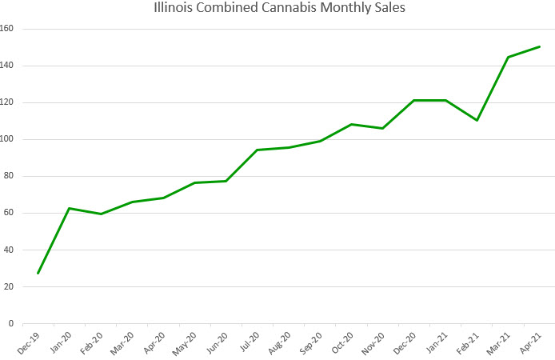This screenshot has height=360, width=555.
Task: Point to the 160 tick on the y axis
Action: tap(10, 29)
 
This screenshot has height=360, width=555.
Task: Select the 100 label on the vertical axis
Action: tap(10, 139)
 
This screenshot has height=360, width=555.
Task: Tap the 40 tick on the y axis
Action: tap(12, 250)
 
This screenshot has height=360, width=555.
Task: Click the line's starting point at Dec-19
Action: tap(38, 274)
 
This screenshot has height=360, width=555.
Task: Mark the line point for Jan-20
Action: tap(70, 208)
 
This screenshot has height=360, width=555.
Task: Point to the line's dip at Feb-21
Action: tap(477, 120)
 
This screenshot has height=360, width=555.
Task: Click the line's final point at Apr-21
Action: tap(540, 46)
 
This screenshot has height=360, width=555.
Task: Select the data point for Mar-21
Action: tap(509, 57)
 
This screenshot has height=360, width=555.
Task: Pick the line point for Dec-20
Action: tap(414, 100)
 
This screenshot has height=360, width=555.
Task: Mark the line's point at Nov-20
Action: tap(383, 128)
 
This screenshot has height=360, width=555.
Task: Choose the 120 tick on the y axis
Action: tap(10, 102)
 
